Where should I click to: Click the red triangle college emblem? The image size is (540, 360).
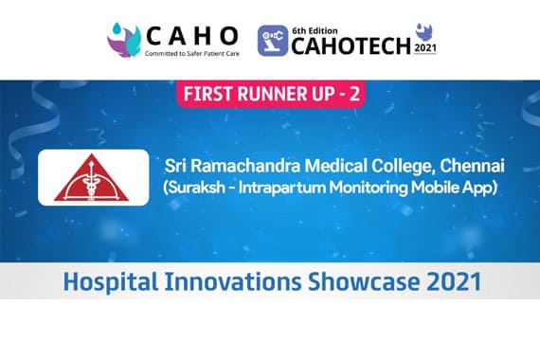(x=93, y=177)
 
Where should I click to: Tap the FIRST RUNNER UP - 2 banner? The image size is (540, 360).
(x=270, y=96)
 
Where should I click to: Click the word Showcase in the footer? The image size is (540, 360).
(x=347, y=281)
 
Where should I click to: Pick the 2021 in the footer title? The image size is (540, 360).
(x=445, y=281)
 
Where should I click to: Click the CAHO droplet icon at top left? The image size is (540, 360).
(x=123, y=40)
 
